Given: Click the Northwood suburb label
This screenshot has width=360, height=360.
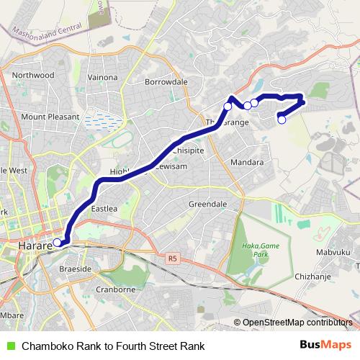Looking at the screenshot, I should (33, 74).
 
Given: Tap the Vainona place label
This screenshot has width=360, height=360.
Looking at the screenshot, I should (102, 77).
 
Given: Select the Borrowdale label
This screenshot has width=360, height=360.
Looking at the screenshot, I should (166, 82).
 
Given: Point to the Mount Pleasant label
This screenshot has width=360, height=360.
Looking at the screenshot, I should (44, 116).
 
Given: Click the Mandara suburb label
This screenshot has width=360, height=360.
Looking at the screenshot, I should (247, 163).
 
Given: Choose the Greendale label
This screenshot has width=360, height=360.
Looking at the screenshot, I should (208, 204).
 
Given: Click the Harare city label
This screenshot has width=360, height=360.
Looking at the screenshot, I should (31, 246).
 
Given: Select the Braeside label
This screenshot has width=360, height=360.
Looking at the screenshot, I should (75, 268).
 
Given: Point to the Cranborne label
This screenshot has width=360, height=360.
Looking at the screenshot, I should (116, 290).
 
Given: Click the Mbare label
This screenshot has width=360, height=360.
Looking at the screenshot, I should (12, 315).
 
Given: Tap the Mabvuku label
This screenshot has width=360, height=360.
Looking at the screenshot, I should (333, 252).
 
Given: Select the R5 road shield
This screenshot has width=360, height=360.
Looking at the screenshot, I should (171, 258).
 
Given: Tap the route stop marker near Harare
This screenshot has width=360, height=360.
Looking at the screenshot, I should (57, 243).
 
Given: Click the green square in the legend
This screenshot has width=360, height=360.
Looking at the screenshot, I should (10, 346).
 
